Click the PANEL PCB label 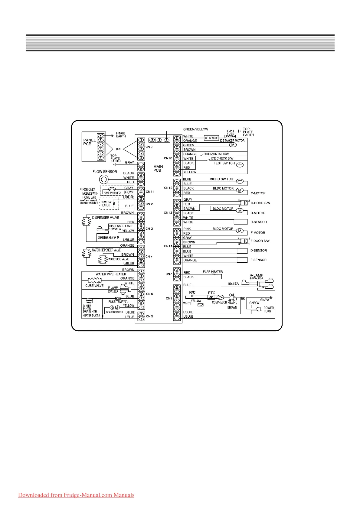click(x=90, y=142)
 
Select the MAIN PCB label click(x=158, y=168)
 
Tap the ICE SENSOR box click(x=211, y=138)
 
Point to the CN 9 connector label click(x=149, y=147)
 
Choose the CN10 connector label click(x=168, y=158)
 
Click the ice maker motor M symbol click(x=233, y=145)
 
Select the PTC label click(x=211, y=293)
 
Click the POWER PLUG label click(x=269, y=310)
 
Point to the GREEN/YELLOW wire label click(x=196, y=129)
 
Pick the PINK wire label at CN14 click(x=187, y=229)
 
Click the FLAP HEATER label click(x=213, y=271)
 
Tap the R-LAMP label click(x=256, y=275)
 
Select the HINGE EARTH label click(x=121, y=135)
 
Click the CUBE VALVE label click(x=94, y=286)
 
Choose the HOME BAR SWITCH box click(x=113, y=193)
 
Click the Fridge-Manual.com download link click(x=76, y=495)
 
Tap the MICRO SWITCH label click(x=221, y=179)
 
